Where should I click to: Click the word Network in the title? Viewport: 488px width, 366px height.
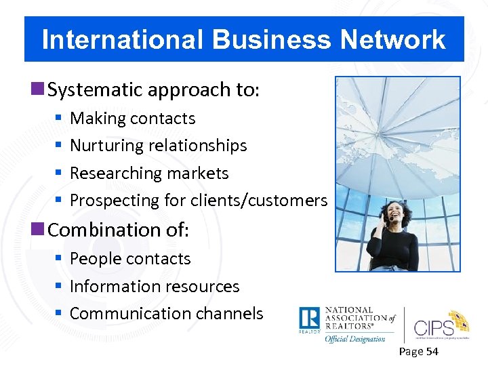(x=392, y=40)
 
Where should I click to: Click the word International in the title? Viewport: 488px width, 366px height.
(x=123, y=40)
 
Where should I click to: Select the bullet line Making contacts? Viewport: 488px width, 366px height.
(x=132, y=119)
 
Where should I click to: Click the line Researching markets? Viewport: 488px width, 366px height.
(x=149, y=174)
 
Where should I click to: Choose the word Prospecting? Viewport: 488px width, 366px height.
(x=115, y=201)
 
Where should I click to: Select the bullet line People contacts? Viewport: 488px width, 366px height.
(x=130, y=259)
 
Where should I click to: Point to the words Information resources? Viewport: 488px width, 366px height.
(x=155, y=287)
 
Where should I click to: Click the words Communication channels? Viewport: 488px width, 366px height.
(x=166, y=314)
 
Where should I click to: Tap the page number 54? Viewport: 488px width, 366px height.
(x=431, y=351)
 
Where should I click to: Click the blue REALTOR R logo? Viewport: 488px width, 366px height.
(x=309, y=319)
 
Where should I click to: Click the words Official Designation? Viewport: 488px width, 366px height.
(x=355, y=338)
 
